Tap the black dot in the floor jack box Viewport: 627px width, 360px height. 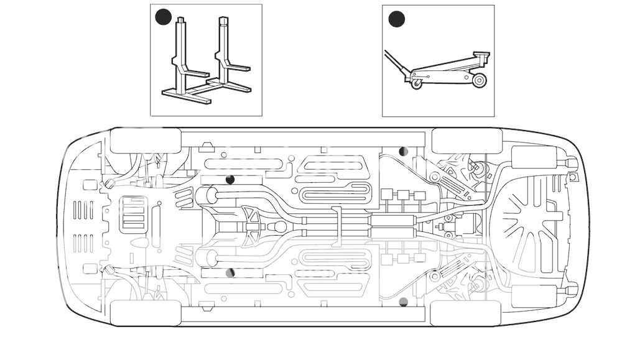pyautogui.click(x=396, y=19)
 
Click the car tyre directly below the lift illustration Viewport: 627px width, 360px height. pyautogui.click(x=145, y=141)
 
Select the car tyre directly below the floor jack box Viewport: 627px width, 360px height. pyautogui.click(x=467, y=141)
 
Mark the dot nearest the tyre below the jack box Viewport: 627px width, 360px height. pyautogui.click(x=403, y=151)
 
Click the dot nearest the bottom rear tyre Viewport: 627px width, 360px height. pyautogui.click(x=403, y=302)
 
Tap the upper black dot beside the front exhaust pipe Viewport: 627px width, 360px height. pyautogui.click(x=230, y=180)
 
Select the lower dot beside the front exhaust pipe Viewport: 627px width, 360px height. pyautogui.click(x=230, y=272)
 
